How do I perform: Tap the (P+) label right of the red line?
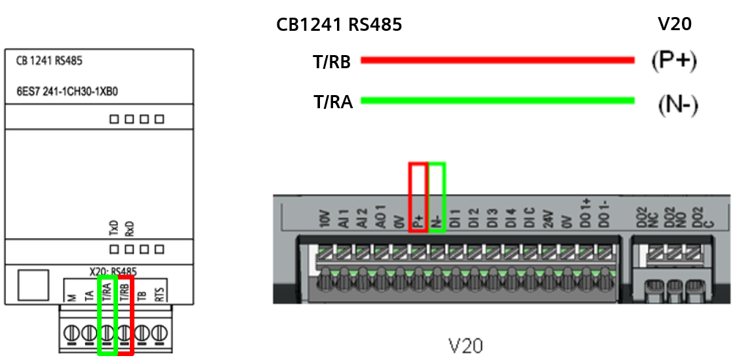(x=673, y=61)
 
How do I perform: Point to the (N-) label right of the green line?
(x=677, y=105)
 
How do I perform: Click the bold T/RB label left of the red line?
(x=331, y=62)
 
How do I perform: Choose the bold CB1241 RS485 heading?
(x=339, y=25)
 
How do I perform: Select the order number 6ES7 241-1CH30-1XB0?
(x=67, y=91)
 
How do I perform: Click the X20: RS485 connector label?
(x=113, y=271)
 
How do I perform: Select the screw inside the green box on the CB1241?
(x=107, y=333)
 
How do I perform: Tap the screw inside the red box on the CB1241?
(x=125, y=333)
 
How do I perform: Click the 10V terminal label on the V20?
(x=324, y=219)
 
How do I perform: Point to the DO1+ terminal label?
(x=587, y=213)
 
